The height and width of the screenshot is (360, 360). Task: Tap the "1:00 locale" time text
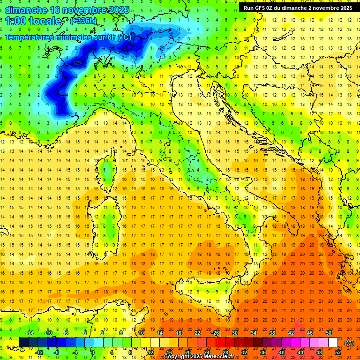(33, 21)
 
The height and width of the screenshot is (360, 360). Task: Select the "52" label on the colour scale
(338, 352)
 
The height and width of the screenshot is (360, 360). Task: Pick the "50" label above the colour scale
(329, 333)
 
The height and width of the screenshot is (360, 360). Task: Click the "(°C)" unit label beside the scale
(349, 343)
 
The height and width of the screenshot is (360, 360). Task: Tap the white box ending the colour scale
(333, 343)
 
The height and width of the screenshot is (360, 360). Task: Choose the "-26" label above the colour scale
(215, 333)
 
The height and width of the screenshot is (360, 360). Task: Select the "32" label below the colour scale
(244, 352)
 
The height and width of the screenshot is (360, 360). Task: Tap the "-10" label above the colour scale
(48, 333)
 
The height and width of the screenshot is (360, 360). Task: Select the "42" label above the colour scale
(291, 333)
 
